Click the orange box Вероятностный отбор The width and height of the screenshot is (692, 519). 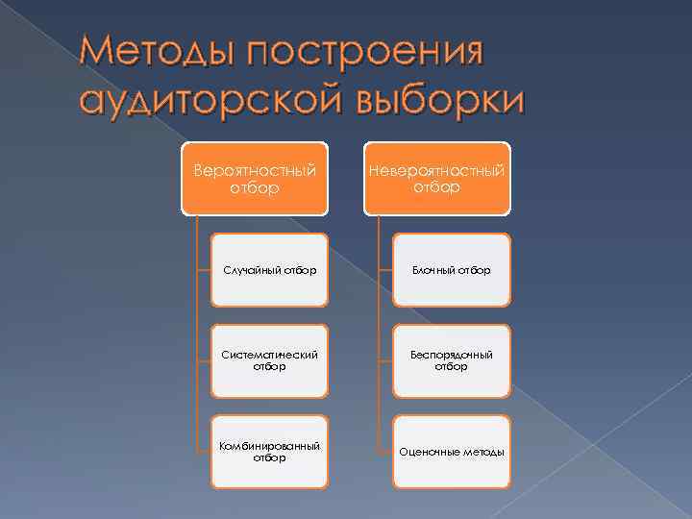click(x=255, y=179)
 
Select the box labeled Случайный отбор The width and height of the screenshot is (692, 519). click(x=269, y=270)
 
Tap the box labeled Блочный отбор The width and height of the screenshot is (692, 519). click(x=451, y=270)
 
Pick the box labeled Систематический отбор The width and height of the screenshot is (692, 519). click(x=269, y=360)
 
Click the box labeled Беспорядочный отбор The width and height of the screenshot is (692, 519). click(x=451, y=360)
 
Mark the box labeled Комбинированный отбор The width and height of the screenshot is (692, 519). click(x=269, y=452)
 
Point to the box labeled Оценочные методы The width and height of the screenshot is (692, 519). click(x=451, y=452)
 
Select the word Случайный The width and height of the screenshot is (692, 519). click(x=249, y=270)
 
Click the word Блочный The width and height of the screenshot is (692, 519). click(x=432, y=270)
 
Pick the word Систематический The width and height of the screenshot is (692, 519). click(x=269, y=355)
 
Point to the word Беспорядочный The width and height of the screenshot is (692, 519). click(x=451, y=355)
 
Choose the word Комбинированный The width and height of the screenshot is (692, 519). click(x=269, y=446)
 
